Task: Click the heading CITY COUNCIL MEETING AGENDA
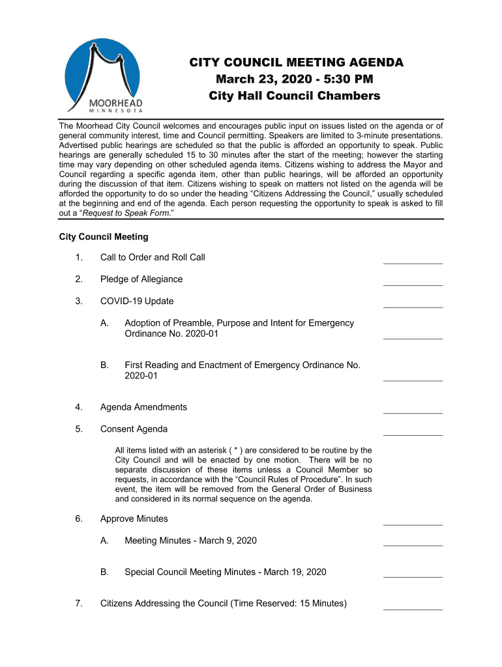296,63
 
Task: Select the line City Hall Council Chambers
294,96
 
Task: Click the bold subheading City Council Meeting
104,236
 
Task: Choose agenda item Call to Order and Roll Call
153,257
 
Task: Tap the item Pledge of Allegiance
141,279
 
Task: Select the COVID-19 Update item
137,302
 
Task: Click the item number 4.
78,407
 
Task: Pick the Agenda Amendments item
143,407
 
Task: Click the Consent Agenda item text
134,429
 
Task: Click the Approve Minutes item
134,519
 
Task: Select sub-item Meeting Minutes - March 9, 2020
190,541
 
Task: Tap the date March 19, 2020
295,573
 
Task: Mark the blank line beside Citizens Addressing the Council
413,609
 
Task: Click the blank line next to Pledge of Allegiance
413,285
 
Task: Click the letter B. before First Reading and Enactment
104,365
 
